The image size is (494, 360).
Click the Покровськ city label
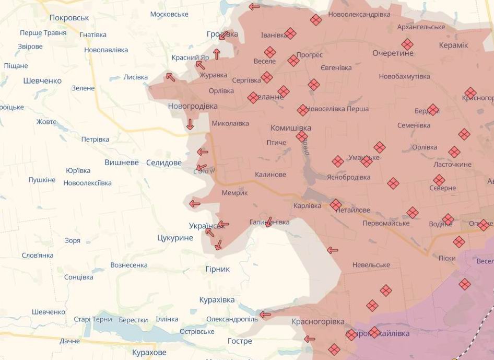tap(69, 18)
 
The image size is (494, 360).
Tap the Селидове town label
tap(164, 162)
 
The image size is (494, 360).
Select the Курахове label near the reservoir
tap(149, 353)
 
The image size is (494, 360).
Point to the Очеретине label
tap(393, 53)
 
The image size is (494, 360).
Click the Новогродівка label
tap(193, 106)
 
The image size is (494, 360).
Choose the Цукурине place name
tap(175, 238)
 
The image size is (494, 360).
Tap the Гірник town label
tap(217, 269)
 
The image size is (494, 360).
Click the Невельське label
tap(371, 265)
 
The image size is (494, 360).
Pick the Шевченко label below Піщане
tap(42, 80)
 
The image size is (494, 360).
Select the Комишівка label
tap(290, 127)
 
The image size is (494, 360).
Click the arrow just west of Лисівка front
tap(170, 77)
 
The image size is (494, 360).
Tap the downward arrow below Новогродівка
tap(190, 124)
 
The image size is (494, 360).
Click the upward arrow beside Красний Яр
tap(216, 54)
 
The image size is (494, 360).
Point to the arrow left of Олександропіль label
tap(265, 315)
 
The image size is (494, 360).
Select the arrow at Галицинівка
tap(269, 222)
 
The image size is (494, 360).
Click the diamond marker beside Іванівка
tap(290, 33)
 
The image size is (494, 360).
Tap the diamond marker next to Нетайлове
tap(336, 204)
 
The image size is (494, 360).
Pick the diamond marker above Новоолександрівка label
tap(315, 20)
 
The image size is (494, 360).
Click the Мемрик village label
tap(235, 193)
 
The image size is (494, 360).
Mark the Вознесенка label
tap(129, 265)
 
